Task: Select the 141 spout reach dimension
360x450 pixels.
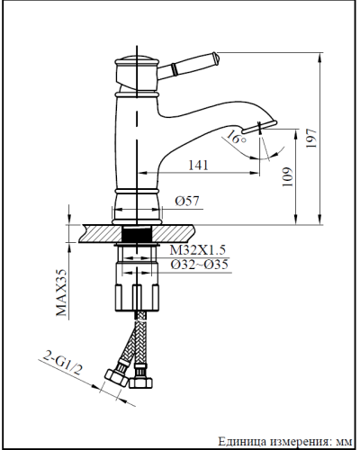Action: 201,165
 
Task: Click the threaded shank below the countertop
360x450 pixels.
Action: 137,235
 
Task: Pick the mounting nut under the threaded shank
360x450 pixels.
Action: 137,284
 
